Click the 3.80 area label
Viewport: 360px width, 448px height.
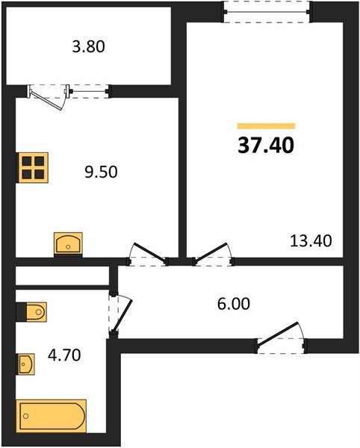tap(89, 47)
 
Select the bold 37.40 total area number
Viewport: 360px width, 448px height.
tap(266, 146)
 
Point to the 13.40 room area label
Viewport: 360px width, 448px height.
tap(310, 240)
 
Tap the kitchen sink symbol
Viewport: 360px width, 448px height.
tap(68, 244)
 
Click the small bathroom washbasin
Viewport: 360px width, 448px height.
tap(25, 364)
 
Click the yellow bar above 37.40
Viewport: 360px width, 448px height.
tap(266, 127)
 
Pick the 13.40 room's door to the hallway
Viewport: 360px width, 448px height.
tap(212, 254)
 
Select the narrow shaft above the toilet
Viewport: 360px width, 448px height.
tap(60, 276)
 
